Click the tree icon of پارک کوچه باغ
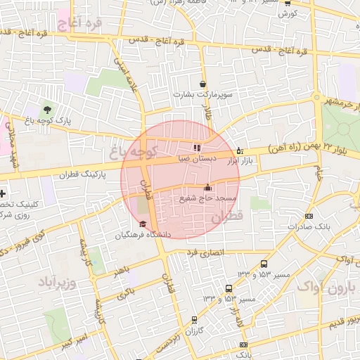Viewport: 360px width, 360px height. click(47, 109)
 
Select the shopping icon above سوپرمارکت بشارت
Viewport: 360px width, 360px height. click(203, 84)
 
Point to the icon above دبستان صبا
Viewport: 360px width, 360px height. click(196, 148)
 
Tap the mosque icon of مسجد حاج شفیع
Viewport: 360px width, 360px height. click(207, 187)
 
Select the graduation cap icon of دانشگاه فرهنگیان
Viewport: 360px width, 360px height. click(143, 224)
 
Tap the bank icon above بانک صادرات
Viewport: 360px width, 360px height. click(309, 217)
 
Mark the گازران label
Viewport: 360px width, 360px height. click(194, 330)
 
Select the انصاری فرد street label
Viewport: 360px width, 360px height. click(206, 251)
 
